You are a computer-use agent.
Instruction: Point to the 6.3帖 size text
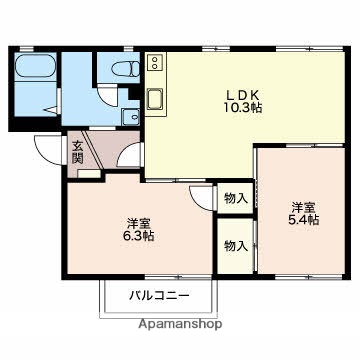(139, 236)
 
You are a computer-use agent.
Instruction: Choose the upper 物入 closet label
(235, 199)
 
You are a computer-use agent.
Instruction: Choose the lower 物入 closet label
(235, 245)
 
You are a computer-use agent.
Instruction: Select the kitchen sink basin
(157, 100)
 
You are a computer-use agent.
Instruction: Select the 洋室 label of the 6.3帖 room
(139, 222)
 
